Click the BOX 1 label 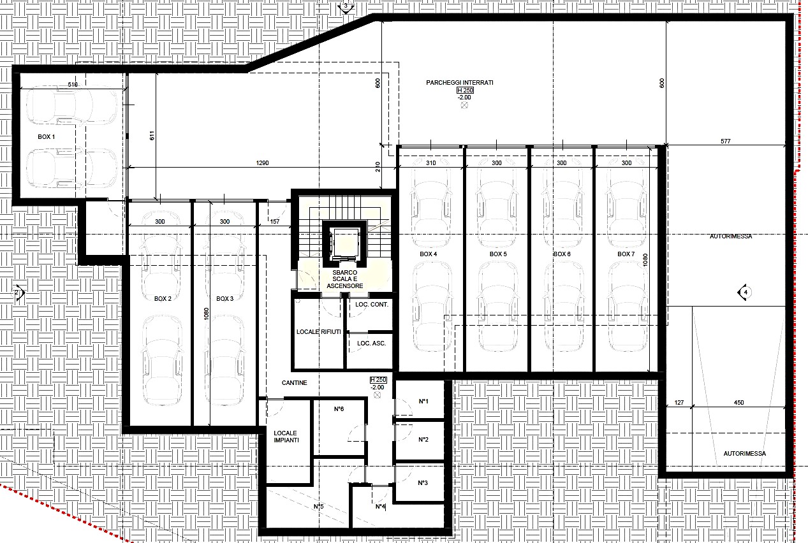46,136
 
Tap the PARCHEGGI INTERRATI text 460,83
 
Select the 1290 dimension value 262,163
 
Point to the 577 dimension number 725,141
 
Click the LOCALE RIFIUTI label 318,331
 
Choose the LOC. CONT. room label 372,304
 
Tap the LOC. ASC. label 371,344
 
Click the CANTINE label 295,382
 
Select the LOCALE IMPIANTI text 286,437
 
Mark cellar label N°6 339,409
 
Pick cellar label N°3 423,483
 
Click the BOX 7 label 626,254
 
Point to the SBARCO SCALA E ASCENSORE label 345,279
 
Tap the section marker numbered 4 745,292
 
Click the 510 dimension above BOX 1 73,84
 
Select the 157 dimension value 275,221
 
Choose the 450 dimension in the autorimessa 738,402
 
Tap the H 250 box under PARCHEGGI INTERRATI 465,90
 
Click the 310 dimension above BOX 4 430,163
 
